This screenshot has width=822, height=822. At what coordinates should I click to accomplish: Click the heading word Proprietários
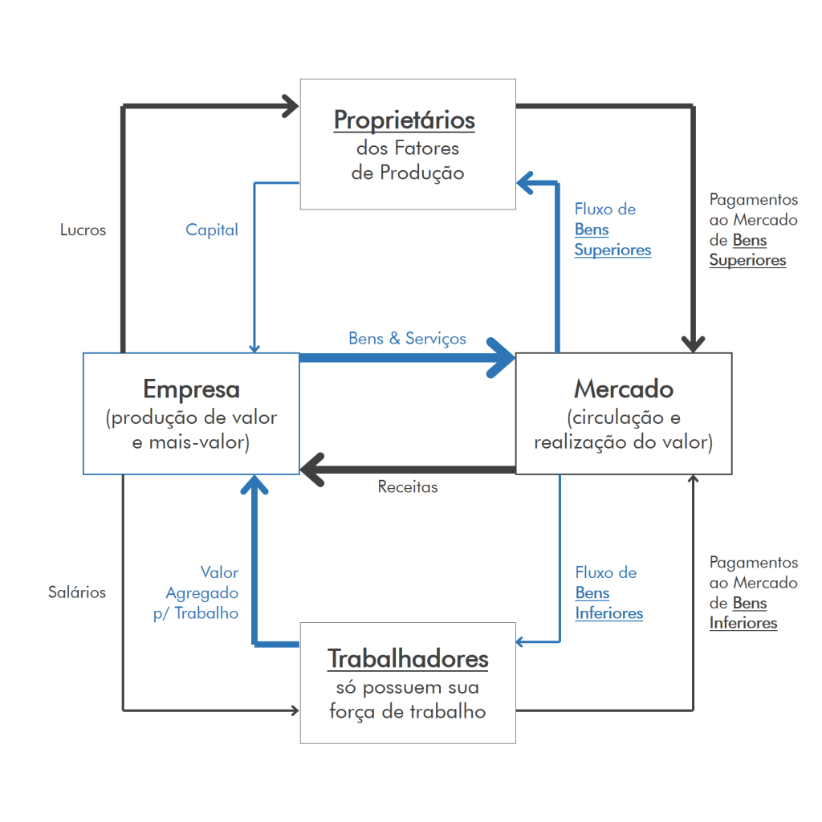pos(405,120)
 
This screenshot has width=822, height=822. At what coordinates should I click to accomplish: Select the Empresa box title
pos(191,389)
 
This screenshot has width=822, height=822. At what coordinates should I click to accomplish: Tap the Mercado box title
pos(624,389)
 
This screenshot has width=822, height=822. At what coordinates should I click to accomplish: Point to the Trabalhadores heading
pos(408,659)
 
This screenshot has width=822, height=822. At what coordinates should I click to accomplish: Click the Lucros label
pos(83,230)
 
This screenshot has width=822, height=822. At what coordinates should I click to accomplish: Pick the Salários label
pos(76,592)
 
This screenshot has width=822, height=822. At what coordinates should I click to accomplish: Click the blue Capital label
pos(212,230)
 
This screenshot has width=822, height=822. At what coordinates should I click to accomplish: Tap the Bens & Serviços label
pos(407,339)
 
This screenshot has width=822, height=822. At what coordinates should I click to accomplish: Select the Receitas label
pos(408,487)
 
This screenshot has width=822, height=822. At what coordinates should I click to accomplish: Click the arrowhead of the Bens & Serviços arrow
pos(504,357)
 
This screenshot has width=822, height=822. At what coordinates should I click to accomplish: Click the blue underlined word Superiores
pos(612,250)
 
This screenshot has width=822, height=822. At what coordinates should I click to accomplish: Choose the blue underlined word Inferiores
pos(608,614)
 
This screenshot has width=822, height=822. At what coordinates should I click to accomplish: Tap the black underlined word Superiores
pos(747,261)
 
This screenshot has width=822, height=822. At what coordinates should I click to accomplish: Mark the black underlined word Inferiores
pos(743,624)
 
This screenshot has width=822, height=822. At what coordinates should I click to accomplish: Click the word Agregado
pos(202,593)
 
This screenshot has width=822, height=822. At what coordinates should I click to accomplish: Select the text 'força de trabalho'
pos(408,712)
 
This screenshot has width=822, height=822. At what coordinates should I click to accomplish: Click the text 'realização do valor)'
pos(623,442)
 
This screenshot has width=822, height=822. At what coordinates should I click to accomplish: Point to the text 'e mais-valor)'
pos(191,442)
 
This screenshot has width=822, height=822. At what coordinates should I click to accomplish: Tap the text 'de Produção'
pos(408,173)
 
